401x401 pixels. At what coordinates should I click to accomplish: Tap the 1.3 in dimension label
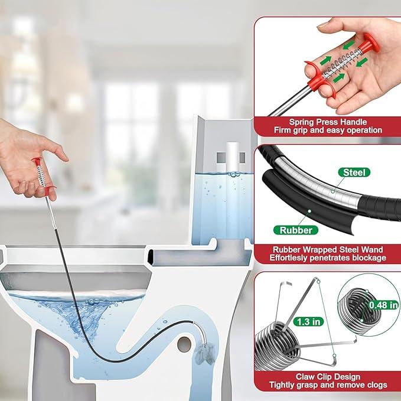[308, 322]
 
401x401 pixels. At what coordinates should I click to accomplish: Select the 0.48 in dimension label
[383, 305]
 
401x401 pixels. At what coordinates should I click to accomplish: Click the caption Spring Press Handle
[327, 122]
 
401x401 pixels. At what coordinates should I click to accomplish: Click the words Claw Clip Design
[327, 376]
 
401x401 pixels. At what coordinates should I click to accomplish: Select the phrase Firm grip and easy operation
[327, 130]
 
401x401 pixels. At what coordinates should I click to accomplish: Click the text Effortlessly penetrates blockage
[327, 257]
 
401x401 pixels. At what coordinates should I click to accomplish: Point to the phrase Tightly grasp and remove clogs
[327, 385]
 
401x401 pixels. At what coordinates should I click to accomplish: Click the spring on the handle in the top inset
[342, 61]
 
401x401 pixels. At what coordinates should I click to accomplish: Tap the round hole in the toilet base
[185, 341]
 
